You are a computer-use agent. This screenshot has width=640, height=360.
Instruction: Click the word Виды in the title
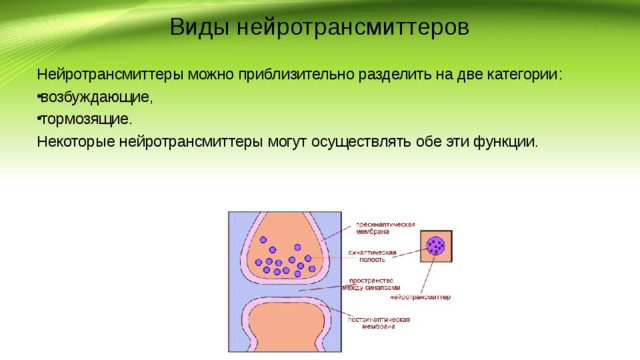[199, 27]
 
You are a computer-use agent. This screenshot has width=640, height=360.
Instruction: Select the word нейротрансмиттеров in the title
[354, 27]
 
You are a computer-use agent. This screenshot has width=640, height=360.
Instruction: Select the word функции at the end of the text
[506, 141]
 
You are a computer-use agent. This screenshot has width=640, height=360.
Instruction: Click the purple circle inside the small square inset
[435, 245]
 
